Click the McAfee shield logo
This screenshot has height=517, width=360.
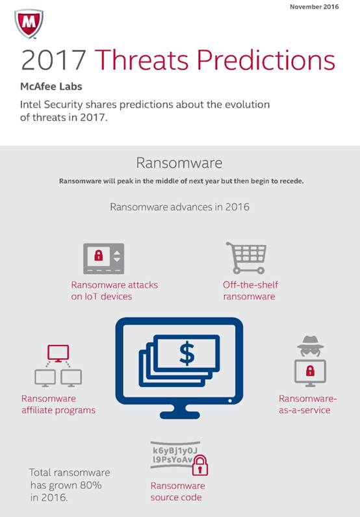pos(29,24)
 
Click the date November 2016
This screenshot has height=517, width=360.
pos(314,6)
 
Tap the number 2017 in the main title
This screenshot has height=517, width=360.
pos(53,60)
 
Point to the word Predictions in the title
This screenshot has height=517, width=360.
pos(266,60)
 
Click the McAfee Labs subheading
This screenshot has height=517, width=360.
pos(51,87)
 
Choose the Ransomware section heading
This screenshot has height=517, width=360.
pos(179,163)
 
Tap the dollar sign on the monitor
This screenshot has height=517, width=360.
pos(187,353)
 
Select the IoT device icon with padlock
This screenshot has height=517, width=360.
pos(103,259)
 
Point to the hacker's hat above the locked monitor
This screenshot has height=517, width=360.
pos(310,342)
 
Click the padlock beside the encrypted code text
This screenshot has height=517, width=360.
pos(200,465)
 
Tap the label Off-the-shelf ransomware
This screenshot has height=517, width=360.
pos(250,290)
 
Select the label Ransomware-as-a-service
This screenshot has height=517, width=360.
pos(307,404)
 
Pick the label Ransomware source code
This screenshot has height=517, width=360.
pos(177,491)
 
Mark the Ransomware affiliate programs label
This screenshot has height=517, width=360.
pos(58,404)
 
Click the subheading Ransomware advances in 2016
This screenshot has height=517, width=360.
pos(179,207)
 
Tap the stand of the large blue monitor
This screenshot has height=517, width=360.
pos(179,411)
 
